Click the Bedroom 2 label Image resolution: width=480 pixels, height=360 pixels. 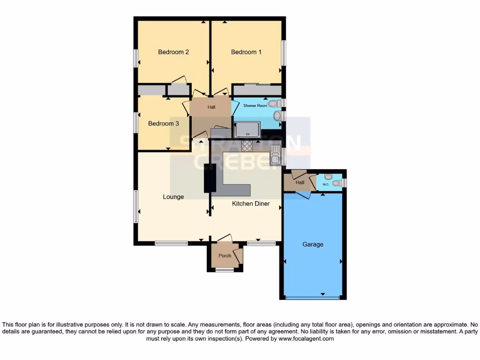click(x=173, y=52)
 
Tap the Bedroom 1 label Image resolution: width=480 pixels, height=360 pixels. click(x=246, y=52)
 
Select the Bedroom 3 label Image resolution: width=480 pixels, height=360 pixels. click(x=164, y=124)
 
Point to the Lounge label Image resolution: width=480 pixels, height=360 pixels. click(x=173, y=197)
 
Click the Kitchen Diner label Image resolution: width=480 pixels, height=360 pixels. click(x=251, y=203)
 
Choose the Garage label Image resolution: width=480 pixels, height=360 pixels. click(x=313, y=244)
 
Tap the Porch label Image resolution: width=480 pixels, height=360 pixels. click(x=225, y=255)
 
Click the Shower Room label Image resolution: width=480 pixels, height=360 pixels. click(x=255, y=106)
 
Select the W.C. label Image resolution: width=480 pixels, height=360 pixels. click(x=326, y=184)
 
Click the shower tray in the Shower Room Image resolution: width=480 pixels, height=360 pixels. click(x=247, y=129)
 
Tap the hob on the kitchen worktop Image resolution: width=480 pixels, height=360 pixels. click(x=247, y=146)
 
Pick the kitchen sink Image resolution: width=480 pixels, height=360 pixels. click(x=275, y=155)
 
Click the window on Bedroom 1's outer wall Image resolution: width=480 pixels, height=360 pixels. click(x=284, y=53)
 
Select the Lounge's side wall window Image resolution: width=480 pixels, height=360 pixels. click(x=135, y=206)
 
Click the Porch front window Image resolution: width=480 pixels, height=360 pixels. click(x=225, y=270)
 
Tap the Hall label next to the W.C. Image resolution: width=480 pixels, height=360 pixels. click(x=300, y=183)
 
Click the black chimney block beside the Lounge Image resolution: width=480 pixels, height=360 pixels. click(x=207, y=180)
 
